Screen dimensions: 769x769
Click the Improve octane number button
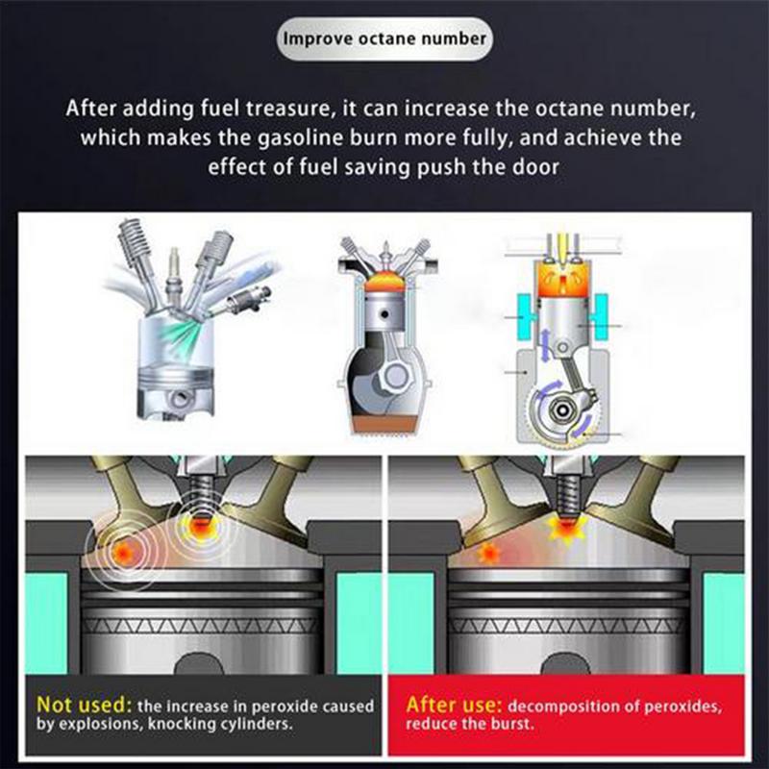tap(384, 39)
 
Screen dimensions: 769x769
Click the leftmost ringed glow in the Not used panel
tap(125, 553)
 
